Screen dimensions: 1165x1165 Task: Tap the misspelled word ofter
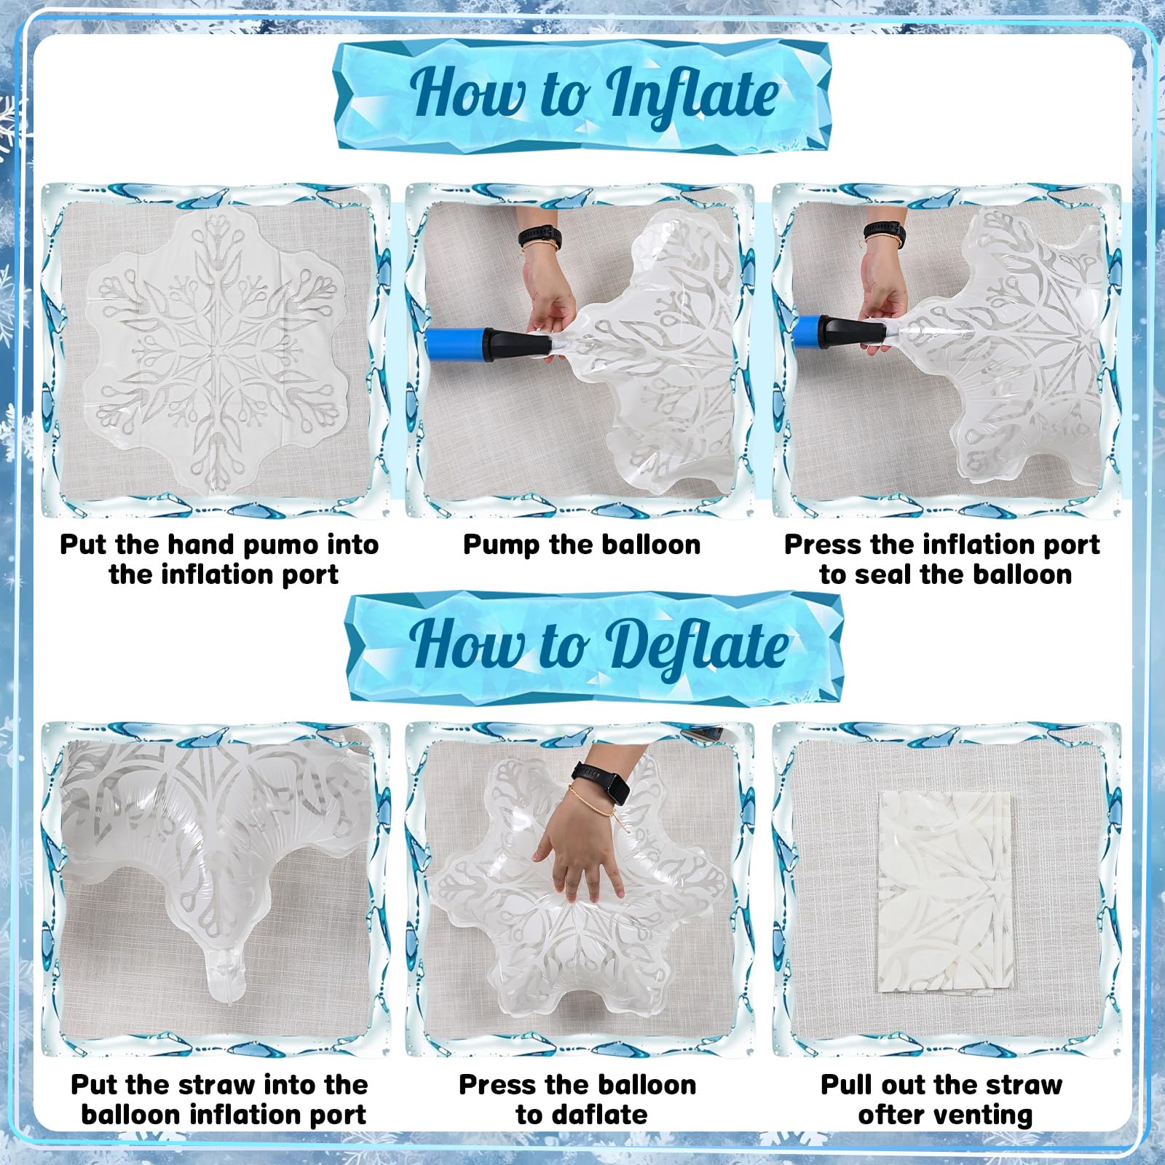pyautogui.click(x=890, y=1115)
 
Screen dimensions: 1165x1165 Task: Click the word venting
pyautogui.click(x=981, y=1115)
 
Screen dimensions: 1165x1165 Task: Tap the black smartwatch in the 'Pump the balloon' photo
pyautogui.click(x=540, y=237)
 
